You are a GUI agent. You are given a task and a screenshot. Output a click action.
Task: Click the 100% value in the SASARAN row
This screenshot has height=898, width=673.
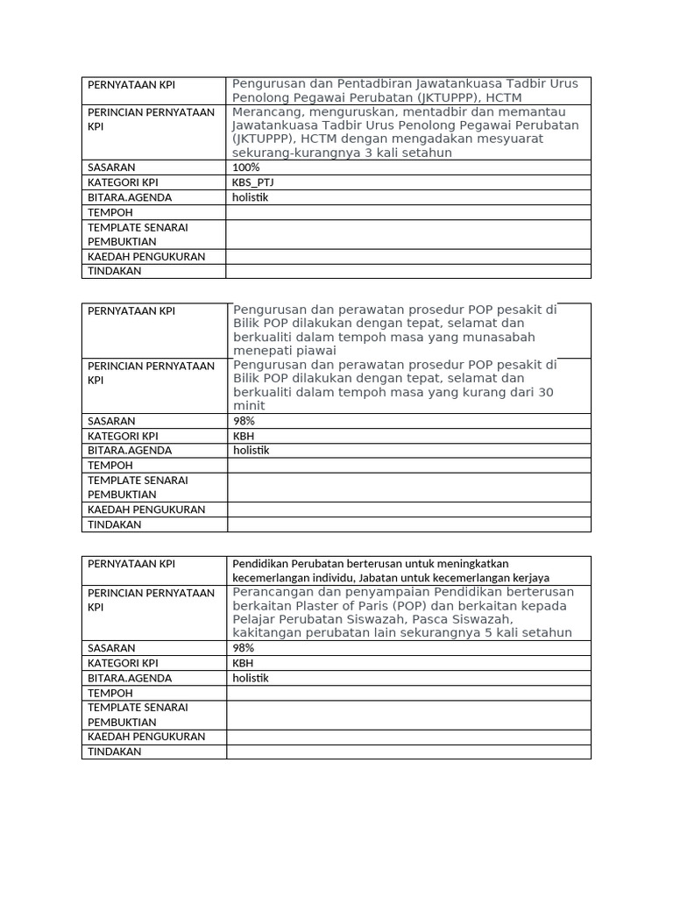pyautogui.click(x=246, y=167)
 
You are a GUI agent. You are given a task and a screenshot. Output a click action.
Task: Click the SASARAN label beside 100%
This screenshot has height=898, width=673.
pyautogui.click(x=111, y=167)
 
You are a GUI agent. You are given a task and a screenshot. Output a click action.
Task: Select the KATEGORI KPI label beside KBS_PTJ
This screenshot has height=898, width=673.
pyautogui.click(x=123, y=182)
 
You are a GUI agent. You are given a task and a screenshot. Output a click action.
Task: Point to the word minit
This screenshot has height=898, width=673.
pyautogui.click(x=249, y=406)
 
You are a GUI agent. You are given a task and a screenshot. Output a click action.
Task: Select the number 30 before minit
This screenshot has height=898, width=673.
pyautogui.click(x=545, y=392)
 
